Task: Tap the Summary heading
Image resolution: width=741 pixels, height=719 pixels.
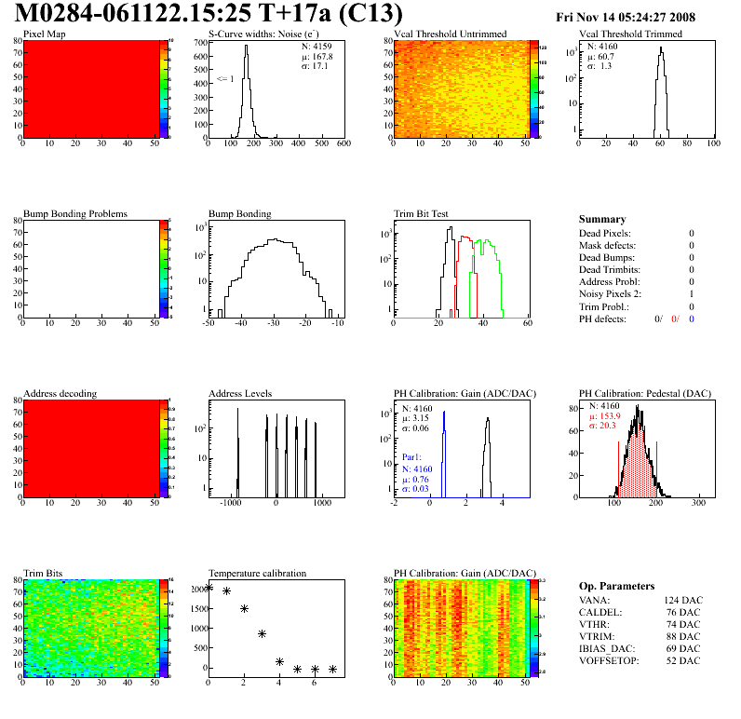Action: coord(602,219)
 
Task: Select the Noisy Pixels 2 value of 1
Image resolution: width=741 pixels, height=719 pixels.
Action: coord(692,293)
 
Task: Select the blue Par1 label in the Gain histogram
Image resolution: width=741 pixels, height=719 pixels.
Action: coord(412,457)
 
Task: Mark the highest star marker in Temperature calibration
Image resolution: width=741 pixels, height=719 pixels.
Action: coord(209,587)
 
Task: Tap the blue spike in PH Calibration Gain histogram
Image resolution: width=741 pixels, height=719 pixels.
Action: coord(444,428)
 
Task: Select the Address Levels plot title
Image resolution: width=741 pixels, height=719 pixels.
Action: coord(240,393)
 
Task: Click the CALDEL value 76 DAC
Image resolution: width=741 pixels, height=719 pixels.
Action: coord(683,612)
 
